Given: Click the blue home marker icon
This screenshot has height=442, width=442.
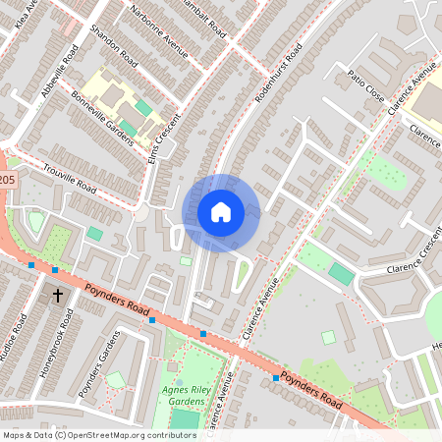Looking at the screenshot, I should pos(221,212).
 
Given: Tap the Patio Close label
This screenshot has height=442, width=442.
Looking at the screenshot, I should pos(365,84).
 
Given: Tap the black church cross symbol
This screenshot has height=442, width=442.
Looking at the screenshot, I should pos(57,295).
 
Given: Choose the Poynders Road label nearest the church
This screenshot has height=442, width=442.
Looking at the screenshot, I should pos(116,303).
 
